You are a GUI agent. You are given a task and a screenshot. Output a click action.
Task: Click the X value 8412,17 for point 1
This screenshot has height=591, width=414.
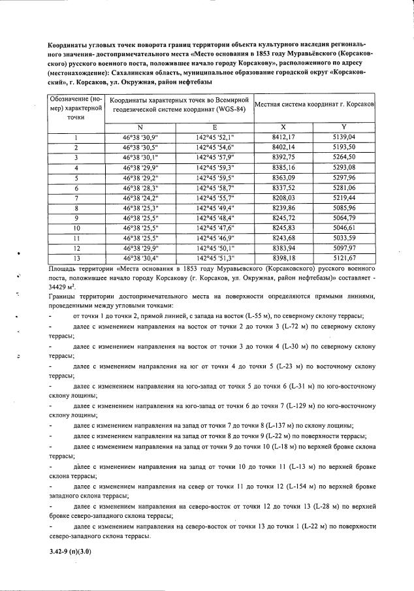click(283, 137)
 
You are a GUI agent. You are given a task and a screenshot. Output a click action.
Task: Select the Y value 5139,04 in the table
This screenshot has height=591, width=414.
click(343, 137)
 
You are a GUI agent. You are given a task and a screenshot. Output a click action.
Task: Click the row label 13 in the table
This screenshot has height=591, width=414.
click(76, 259)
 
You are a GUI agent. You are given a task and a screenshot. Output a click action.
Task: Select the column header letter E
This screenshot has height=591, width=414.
click(215, 127)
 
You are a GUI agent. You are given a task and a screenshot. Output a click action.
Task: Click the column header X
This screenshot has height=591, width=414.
click(283, 127)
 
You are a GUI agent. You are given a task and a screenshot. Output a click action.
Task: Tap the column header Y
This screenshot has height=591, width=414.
click(343, 127)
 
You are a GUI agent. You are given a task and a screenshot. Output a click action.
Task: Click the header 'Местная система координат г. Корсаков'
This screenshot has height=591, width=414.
click(313, 104)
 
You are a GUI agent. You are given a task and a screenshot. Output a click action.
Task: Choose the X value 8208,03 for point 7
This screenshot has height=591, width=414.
click(283, 198)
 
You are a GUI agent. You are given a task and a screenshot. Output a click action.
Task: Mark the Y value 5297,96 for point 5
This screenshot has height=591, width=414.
click(343, 178)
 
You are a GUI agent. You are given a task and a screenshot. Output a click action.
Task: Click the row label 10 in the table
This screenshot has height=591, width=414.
click(76, 229)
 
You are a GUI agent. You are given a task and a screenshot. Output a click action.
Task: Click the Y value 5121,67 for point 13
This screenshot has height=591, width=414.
click(343, 259)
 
